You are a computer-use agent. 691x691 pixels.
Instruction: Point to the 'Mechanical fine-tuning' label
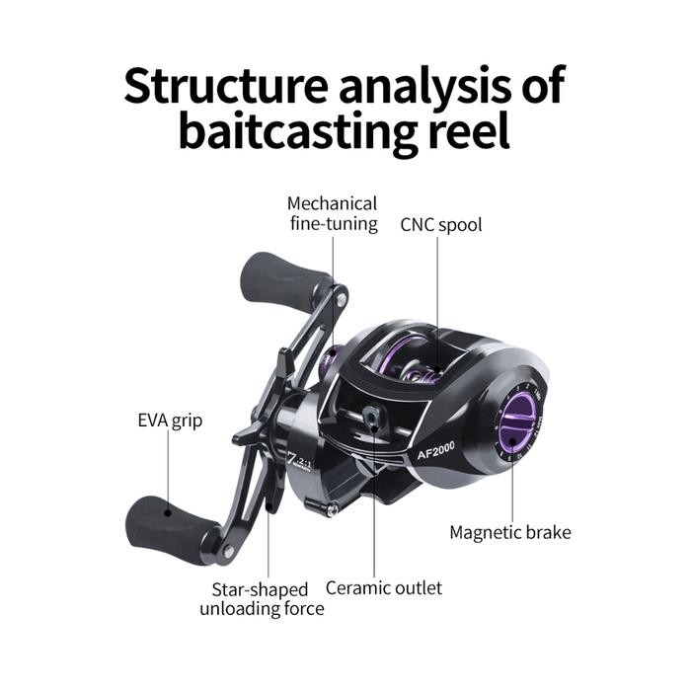(333, 214)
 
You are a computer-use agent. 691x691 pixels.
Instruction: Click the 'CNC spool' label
(441, 224)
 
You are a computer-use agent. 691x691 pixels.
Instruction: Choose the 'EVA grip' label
(170, 422)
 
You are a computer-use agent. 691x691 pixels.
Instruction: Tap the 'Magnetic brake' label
(510, 533)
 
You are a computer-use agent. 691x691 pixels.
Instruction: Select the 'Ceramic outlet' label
(384, 587)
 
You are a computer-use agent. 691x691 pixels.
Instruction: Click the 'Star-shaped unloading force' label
(262, 598)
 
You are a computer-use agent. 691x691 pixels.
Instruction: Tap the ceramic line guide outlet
(372, 420)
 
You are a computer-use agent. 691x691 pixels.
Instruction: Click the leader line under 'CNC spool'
(438, 296)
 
